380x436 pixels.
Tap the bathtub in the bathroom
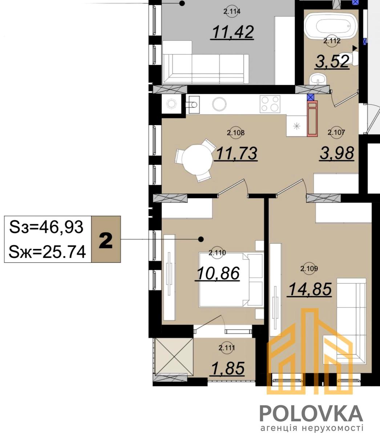coord(331,27)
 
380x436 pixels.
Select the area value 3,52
coord(332,62)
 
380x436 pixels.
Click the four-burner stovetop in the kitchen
coord(270,104)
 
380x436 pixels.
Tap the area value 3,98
coord(337,153)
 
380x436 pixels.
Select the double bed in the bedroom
coord(231,280)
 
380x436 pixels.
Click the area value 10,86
coord(218,274)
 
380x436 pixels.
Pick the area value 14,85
coord(310,289)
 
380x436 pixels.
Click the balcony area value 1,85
coord(228,368)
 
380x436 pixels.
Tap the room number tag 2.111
coord(227,348)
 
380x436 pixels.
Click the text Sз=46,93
coord(46,227)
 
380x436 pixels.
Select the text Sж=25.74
coord(47,252)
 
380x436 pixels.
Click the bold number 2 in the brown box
coord(106,241)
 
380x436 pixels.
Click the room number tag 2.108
coord(235,133)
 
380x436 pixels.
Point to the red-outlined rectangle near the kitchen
coord(312,118)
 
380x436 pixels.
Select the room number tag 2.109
coord(309,269)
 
